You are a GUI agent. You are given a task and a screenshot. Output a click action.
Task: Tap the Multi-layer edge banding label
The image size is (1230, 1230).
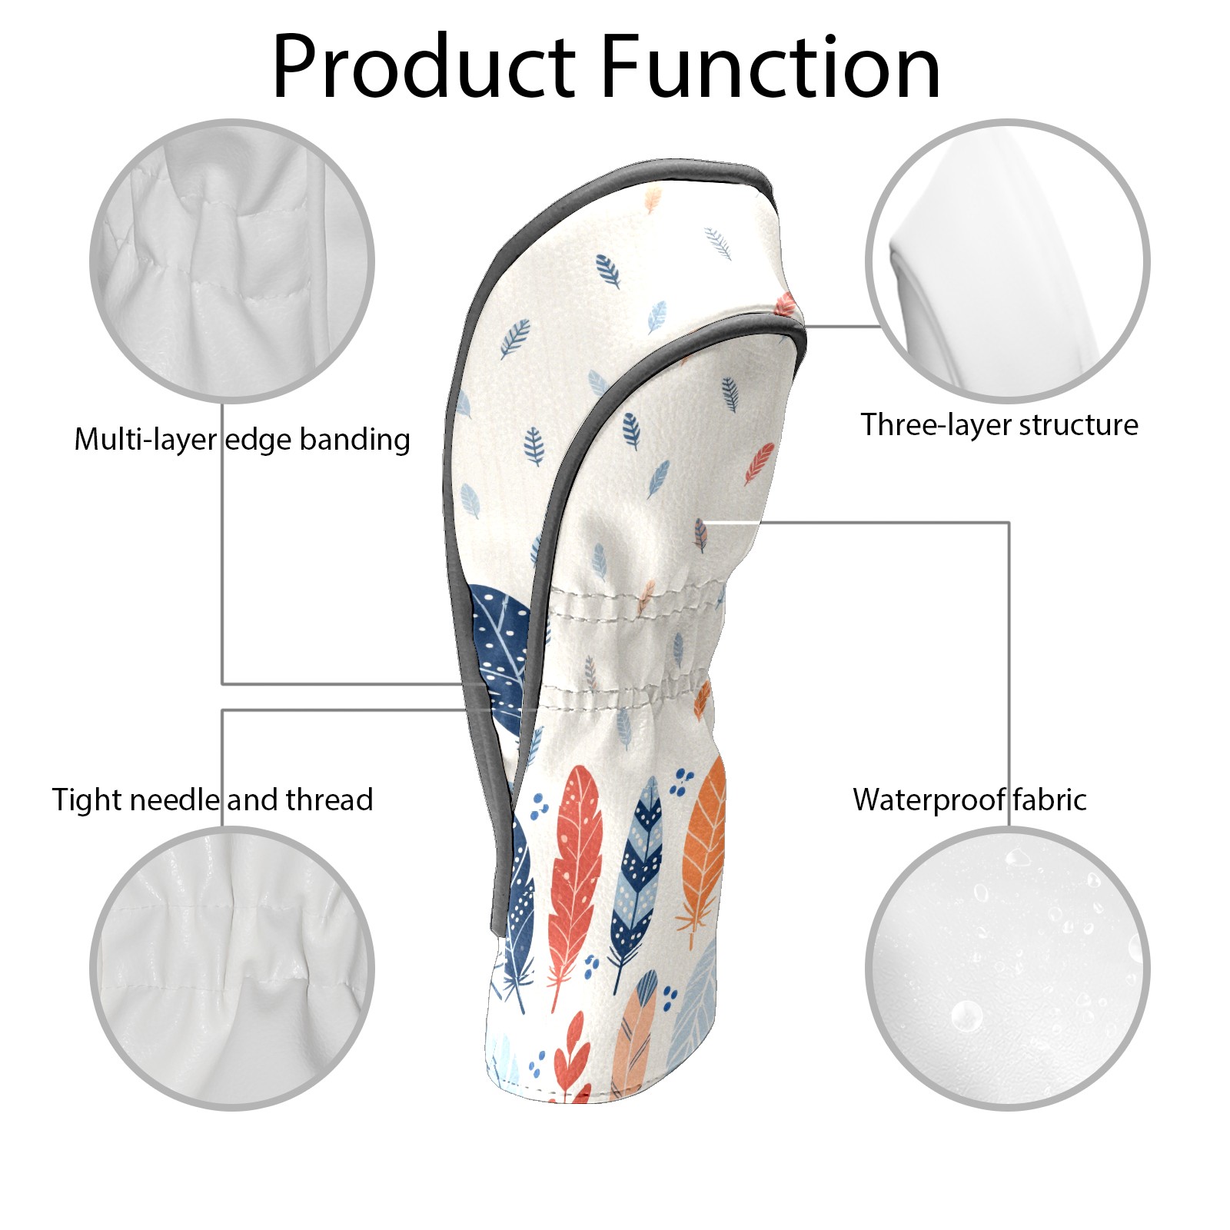point(242,440)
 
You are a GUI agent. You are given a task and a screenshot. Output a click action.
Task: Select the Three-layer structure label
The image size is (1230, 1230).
point(999,424)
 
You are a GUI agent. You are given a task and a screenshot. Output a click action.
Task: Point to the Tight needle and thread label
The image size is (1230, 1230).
point(212,799)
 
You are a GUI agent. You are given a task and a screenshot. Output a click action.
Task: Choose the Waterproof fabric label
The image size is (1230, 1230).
point(969,799)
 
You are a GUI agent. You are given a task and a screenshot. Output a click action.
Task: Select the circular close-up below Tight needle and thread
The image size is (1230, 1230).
point(232,969)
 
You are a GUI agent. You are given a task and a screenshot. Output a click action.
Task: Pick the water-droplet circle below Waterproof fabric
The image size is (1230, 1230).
point(1007,969)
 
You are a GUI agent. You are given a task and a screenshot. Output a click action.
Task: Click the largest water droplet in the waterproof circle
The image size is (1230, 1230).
point(966,1016)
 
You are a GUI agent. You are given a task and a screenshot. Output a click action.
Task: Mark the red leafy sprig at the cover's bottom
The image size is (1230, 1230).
point(573,1061)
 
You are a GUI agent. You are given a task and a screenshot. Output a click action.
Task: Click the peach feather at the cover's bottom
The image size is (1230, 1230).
point(636,1030)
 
